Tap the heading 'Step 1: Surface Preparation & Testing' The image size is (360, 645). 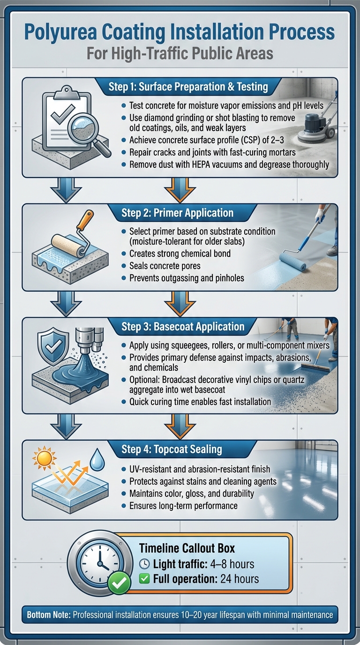coord(188,87)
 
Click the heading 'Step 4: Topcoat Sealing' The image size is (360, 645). coord(172,449)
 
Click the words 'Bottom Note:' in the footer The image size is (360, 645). coord(48,615)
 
